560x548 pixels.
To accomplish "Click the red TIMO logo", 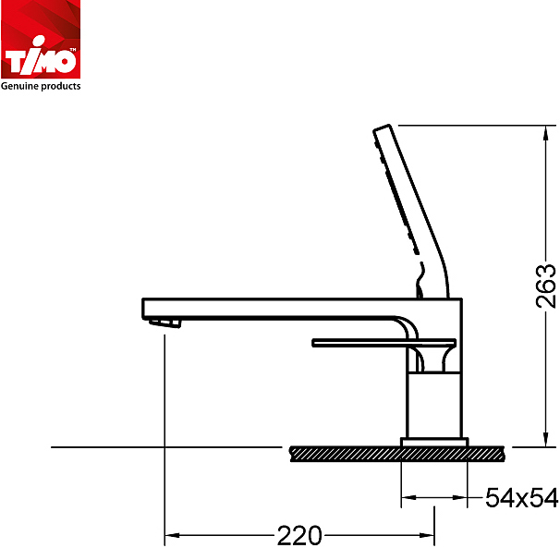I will [x=41, y=41].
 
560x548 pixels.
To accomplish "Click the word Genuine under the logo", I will [x=20, y=86].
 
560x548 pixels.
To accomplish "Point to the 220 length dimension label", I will [x=298, y=535].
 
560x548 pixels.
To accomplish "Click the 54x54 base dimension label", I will [x=522, y=499].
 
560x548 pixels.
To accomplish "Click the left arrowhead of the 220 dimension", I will [x=170, y=535].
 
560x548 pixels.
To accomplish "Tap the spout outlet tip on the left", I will [x=165, y=323].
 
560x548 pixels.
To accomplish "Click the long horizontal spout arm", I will [x=277, y=307].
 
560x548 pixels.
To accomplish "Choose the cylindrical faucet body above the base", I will [x=433, y=402].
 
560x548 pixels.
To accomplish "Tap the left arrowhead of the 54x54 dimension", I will [x=406, y=499].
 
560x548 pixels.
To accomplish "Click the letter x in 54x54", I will [x=522, y=500].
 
